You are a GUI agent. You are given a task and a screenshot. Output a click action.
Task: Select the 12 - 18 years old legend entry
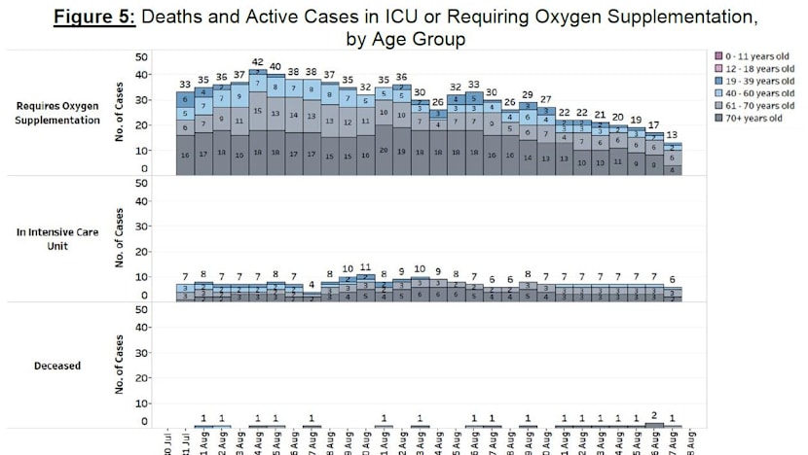tap(749, 69)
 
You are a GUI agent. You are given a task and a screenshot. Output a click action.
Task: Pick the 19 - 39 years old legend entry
tap(749, 81)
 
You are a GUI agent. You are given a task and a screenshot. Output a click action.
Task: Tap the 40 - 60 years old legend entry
tap(749, 93)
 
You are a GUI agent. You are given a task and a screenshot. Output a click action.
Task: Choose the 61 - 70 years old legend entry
tap(749, 105)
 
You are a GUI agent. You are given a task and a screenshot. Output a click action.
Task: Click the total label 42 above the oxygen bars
tap(258, 61)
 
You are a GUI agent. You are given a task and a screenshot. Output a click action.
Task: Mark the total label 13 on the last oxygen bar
tap(672, 135)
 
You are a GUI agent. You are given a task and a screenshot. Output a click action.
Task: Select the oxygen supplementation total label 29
tap(528, 94)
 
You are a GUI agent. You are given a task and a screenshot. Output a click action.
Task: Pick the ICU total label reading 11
tap(366, 266)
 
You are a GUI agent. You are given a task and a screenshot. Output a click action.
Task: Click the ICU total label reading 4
tap(312, 284)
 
